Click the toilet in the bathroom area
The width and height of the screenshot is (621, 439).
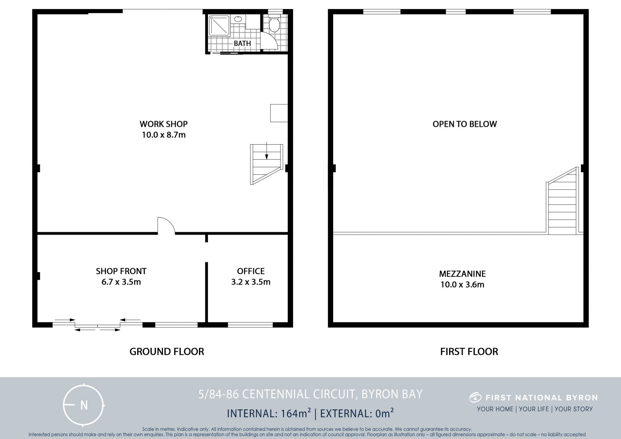[x=274, y=23]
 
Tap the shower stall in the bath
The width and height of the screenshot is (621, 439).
[x=219, y=26]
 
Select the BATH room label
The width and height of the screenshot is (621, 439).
[x=242, y=43]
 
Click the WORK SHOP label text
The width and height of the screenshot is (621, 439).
[x=164, y=124]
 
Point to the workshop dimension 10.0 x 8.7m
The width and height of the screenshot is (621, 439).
[x=164, y=135]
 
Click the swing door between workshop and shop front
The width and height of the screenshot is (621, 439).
[x=166, y=225]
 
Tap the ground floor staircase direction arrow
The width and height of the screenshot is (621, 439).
[x=267, y=151]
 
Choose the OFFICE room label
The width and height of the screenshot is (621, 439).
[x=251, y=271]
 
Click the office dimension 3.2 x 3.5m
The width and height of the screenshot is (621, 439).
[x=251, y=282]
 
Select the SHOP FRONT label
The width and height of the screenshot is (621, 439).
[x=121, y=271]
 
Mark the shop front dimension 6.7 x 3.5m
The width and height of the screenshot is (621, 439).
[x=121, y=282]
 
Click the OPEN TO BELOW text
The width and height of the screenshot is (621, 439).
[x=465, y=124]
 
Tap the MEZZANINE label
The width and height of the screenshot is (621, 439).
[x=463, y=274]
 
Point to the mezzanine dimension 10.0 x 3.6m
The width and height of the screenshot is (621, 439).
[x=463, y=285]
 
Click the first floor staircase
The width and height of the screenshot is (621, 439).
[x=562, y=201]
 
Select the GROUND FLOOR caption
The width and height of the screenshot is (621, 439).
[x=167, y=352]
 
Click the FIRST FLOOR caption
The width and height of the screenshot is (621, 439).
[x=469, y=352]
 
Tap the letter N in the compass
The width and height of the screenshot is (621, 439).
[x=84, y=405]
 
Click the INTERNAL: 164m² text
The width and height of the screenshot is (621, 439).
[x=269, y=413]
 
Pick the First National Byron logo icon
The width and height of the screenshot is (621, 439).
[x=475, y=397]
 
